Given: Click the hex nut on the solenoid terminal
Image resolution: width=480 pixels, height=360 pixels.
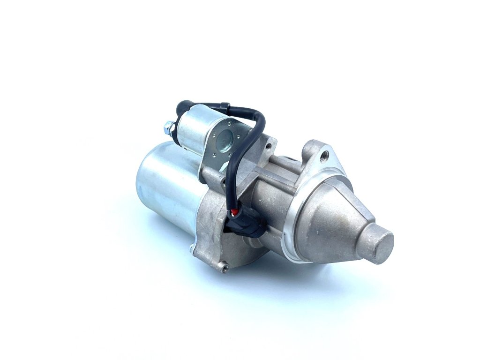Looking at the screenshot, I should tap(169, 127).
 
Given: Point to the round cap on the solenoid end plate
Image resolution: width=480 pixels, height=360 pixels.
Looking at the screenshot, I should tap(224, 137).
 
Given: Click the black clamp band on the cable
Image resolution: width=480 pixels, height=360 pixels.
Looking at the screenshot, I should tap(225, 108).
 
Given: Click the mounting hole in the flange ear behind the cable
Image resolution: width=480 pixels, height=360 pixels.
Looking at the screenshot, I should tap(268, 146).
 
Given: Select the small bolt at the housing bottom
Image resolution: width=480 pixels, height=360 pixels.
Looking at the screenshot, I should tap(224, 268).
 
